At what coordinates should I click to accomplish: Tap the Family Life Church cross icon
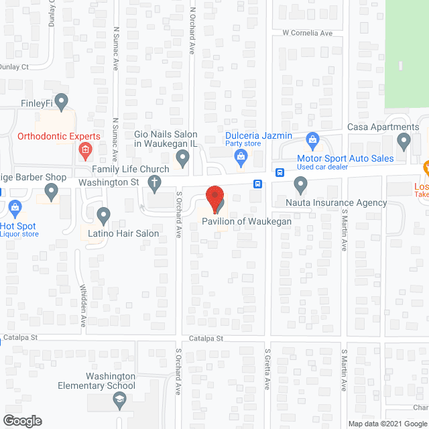tap(155, 182)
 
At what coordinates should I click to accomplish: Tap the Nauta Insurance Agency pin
tap(300, 183)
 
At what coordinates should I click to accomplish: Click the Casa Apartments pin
tap(404, 141)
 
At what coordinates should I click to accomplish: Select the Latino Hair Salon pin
tap(103, 215)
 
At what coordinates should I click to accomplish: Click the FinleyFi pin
tap(62, 102)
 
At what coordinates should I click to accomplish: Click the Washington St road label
tap(108, 182)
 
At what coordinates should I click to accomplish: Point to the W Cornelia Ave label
tap(307, 33)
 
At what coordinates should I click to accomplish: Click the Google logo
tap(22, 420)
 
